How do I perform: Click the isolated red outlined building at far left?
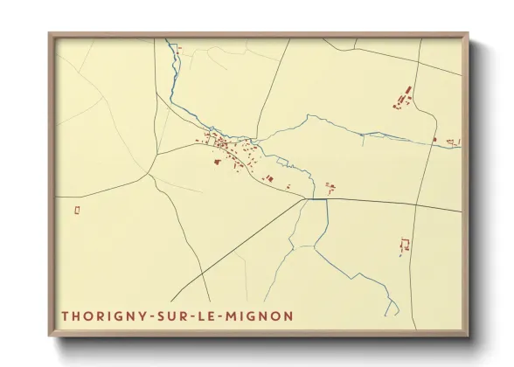(78, 210)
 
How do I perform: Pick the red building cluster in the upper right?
(403, 97)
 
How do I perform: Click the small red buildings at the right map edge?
(452, 141)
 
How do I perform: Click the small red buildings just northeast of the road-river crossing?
(330, 186)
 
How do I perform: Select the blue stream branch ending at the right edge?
(455, 147)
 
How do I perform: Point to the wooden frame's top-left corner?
(50, 35)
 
